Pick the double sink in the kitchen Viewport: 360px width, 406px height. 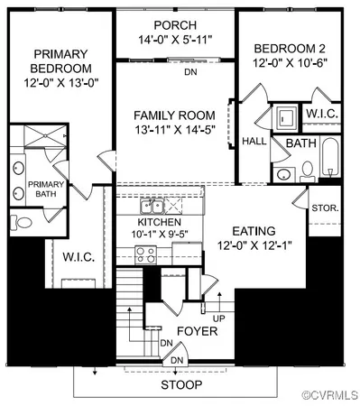pyautogui.click(x=153, y=207)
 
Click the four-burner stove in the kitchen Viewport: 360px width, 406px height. pyautogui.click(x=147, y=255)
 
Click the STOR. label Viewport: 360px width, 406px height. pyautogui.click(x=325, y=208)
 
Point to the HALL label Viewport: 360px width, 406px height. pyautogui.click(x=254, y=141)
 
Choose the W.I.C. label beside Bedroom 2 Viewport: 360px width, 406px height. pyautogui.click(x=321, y=115)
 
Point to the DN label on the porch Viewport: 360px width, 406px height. pyautogui.click(x=189, y=71)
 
